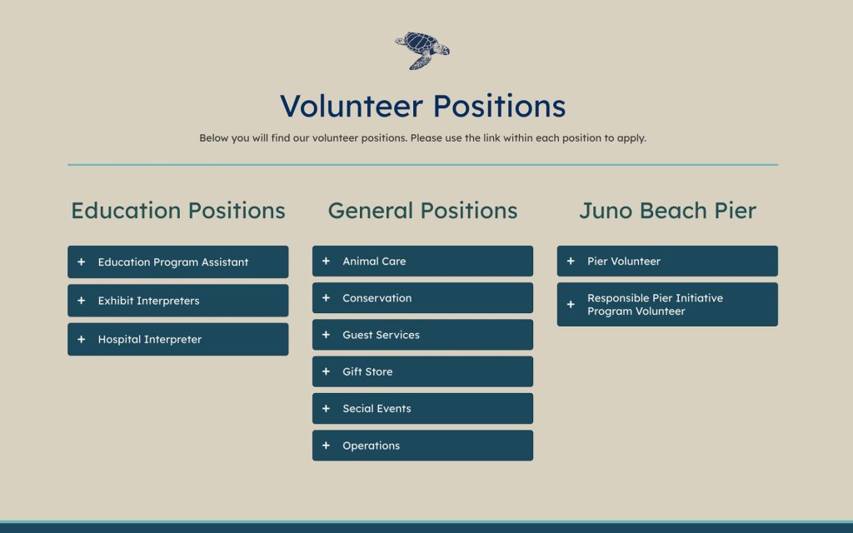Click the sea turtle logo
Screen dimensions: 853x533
[x=422, y=51]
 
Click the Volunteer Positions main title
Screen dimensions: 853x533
[x=422, y=106]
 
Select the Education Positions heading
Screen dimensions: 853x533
[x=178, y=211]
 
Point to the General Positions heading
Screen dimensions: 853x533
[x=422, y=211]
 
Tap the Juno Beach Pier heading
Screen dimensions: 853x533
[x=667, y=211]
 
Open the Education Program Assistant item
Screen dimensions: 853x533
[x=178, y=262]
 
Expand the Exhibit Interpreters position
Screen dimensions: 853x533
[x=178, y=300]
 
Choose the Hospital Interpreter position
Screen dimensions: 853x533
[x=178, y=340]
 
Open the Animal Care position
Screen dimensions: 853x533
[x=422, y=261]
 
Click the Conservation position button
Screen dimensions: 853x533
[x=422, y=298]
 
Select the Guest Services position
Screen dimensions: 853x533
[x=422, y=335]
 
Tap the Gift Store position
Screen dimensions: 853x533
[x=422, y=371]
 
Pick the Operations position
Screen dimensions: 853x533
[x=422, y=446]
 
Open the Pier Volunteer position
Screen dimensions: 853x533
[x=667, y=261]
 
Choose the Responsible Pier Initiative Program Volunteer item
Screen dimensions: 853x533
[x=667, y=305]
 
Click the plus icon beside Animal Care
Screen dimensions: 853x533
[x=326, y=261]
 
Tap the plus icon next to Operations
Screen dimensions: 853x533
[x=326, y=446]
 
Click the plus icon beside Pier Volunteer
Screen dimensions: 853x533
[x=571, y=261]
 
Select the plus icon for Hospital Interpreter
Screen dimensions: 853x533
[x=81, y=340]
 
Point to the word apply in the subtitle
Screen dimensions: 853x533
[x=631, y=138]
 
